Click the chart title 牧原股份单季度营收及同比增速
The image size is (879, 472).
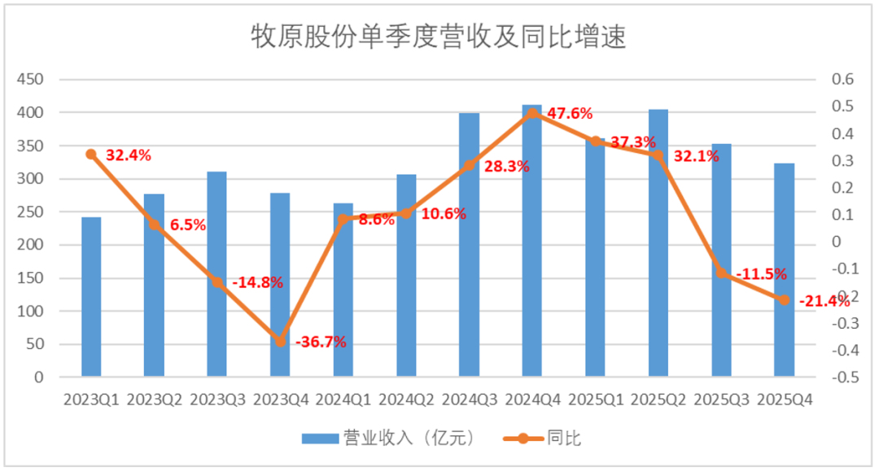tap(438, 37)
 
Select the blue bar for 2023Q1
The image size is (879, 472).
tap(91, 296)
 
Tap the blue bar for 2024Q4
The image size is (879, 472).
tap(532, 241)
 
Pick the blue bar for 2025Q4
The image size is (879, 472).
tap(785, 269)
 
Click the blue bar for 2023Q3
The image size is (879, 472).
tap(217, 273)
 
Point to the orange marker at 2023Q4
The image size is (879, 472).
tap(281, 341)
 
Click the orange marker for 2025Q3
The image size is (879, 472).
tap(721, 273)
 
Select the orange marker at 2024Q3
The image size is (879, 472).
tap(470, 165)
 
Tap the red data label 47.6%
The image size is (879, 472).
tap(570, 114)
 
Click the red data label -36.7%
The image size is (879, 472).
tap(321, 342)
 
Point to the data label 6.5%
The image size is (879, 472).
tap(188, 225)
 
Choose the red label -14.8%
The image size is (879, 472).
tap(257, 282)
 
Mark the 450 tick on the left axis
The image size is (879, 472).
tap(30, 80)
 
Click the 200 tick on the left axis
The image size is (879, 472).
tap(30, 245)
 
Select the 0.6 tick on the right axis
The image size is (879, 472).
tap(842, 79)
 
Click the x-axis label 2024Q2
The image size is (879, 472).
tap(406, 400)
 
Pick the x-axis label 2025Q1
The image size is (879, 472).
tap(596, 400)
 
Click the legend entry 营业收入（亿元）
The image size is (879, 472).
tap(389, 439)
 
